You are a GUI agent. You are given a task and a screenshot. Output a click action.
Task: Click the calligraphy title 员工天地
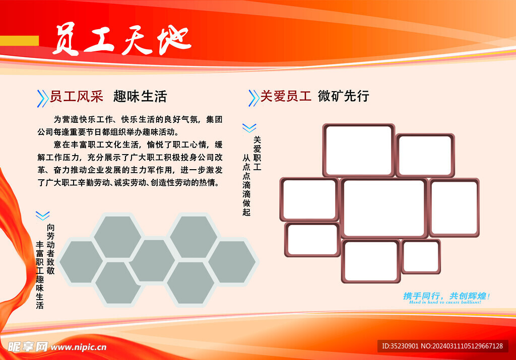click(x=122, y=39)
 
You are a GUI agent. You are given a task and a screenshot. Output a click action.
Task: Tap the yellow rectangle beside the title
click(x=20, y=41)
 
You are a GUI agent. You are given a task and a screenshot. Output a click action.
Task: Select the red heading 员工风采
click(x=77, y=97)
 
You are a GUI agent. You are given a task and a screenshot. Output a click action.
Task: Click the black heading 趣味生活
click(x=140, y=97)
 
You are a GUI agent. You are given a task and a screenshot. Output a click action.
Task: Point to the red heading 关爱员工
click(x=286, y=96)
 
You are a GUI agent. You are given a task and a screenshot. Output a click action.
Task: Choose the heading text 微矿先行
click(x=344, y=96)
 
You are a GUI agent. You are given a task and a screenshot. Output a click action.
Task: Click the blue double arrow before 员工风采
click(x=42, y=98)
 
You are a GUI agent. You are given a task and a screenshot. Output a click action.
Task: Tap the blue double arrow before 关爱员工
click(x=253, y=98)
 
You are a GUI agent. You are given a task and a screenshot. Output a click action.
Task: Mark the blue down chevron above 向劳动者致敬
click(x=43, y=215)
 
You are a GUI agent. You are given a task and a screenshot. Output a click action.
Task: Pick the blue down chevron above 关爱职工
click(x=249, y=128)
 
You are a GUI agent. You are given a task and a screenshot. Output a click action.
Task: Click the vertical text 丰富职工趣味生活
click(x=40, y=275)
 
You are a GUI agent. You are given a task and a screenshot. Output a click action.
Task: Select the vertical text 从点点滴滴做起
click(x=246, y=185)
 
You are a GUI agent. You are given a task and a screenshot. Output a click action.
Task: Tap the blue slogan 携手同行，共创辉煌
click(x=446, y=296)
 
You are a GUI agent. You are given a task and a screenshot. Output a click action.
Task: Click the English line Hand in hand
click(x=445, y=302)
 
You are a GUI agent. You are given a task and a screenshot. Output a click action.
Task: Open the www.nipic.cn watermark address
click(x=79, y=347)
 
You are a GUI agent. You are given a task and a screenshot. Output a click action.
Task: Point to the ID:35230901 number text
click(x=400, y=346)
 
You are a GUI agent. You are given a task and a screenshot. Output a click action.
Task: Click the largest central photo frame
click(x=384, y=208)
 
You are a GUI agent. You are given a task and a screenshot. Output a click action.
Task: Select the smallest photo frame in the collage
click(x=421, y=257)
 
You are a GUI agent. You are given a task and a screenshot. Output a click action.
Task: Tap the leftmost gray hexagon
click(x=81, y=262)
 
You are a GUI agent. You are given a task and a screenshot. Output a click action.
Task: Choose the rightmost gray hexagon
click(x=232, y=262)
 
